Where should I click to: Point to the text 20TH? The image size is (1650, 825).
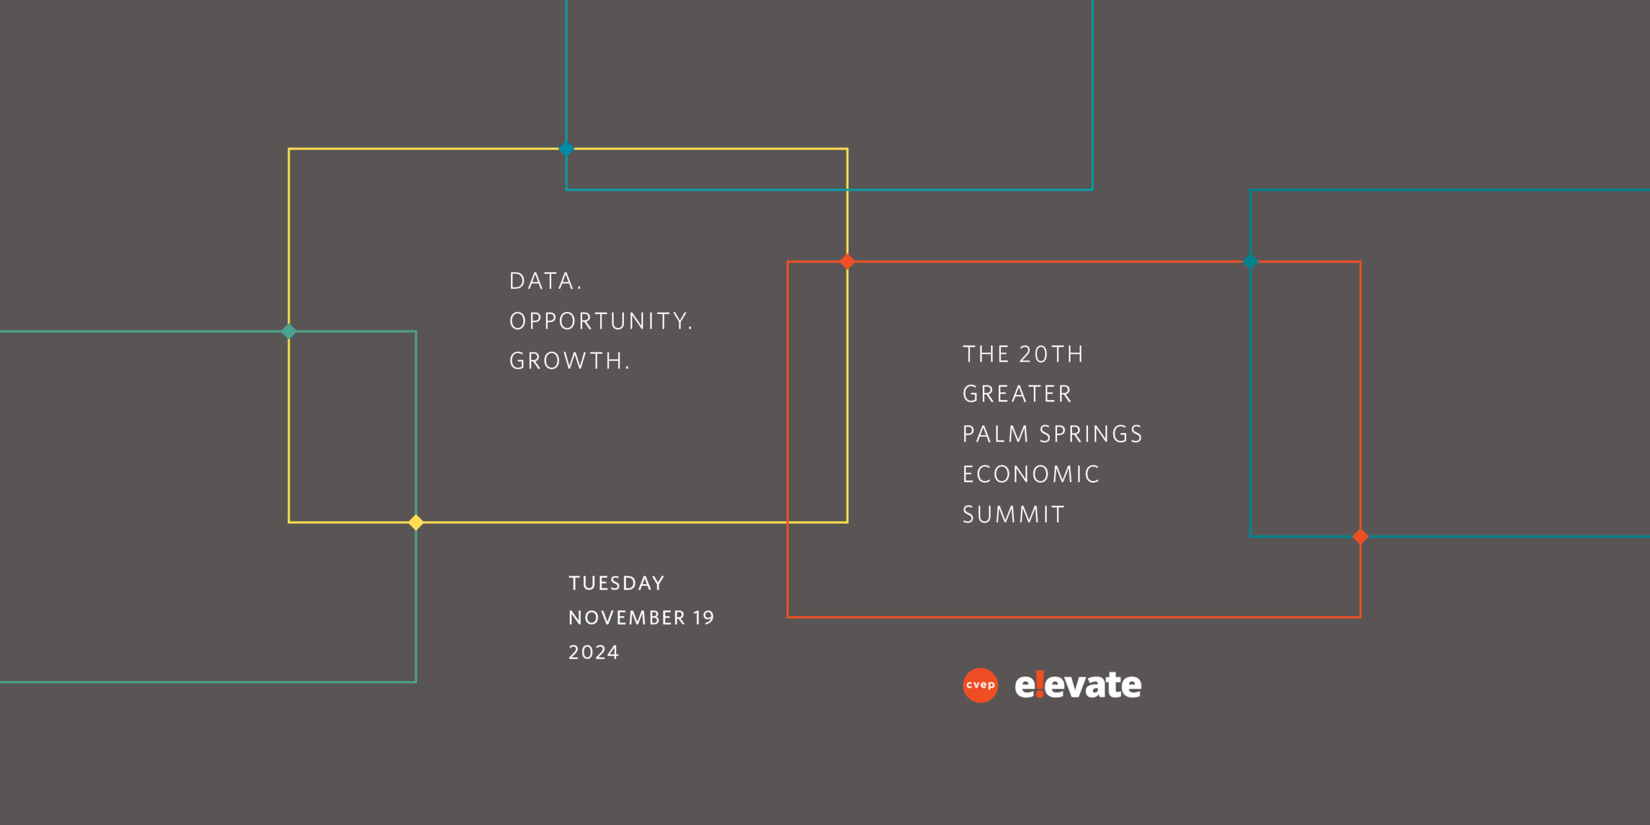(1051, 354)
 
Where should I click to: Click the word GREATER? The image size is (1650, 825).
(1017, 394)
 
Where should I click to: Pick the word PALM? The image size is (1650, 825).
(995, 434)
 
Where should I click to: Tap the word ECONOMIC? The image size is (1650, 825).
(1031, 474)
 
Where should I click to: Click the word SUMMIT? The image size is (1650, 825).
(1013, 514)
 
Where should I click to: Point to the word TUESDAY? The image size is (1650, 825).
(616, 583)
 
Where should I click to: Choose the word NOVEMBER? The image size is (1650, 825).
(626, 618)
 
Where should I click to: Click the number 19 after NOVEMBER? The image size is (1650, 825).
(704, 618)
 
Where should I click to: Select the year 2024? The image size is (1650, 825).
(594, 653)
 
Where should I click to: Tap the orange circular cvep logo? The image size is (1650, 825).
(980, 685)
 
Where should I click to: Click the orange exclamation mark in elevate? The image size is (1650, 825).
(1040, 684)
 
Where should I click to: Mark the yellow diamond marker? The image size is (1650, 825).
(416, 522)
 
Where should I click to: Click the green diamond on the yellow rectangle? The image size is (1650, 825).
(289, 331)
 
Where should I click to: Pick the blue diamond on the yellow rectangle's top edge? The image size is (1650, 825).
(567, 149)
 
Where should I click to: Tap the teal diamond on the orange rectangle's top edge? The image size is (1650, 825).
(1250, 262)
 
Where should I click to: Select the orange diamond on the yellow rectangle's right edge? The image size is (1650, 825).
(848, 262)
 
